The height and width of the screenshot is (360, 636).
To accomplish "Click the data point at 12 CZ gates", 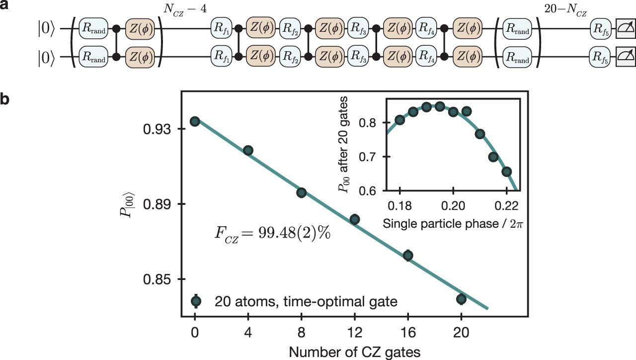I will pyautogui.click(x=354, y=219).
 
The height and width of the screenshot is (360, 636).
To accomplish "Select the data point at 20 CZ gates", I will pyautogui.click(x=461, y=299).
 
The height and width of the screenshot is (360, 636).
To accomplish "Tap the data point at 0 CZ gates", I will pyautogui.click(x=195, y=121).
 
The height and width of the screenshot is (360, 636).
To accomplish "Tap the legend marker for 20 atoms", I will pyautogui.click(x=196, y=300).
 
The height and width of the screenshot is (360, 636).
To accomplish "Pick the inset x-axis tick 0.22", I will pyautogui.click(x=506, y=205).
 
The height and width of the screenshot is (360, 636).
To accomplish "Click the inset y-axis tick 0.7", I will pyautogui.click(x=372, y=157).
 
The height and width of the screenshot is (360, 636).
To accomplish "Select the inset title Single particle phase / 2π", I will pyautogui.click(x=452, y=223).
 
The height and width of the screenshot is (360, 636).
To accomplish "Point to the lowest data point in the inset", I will pyautogui.click(x=506, y=172).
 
